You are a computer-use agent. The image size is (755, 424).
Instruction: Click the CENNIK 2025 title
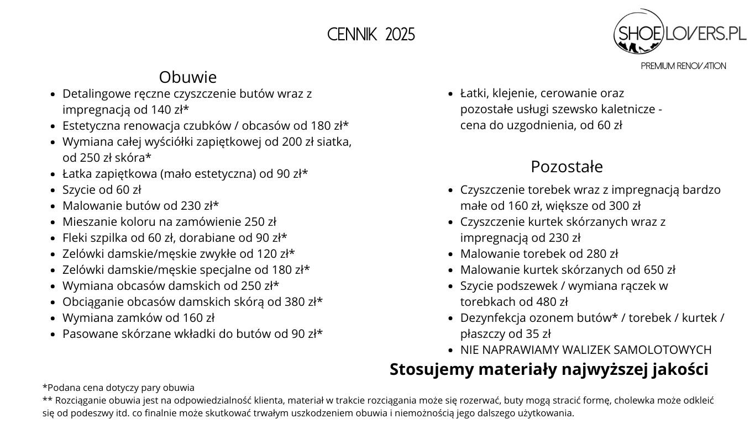371,35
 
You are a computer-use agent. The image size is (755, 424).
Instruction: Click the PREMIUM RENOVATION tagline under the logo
683,66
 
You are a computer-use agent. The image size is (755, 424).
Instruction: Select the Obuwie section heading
188,77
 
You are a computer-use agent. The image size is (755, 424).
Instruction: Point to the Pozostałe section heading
567,166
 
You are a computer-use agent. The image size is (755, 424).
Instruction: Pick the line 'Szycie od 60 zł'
102,190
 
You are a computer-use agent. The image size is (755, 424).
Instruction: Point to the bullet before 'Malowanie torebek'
450,255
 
